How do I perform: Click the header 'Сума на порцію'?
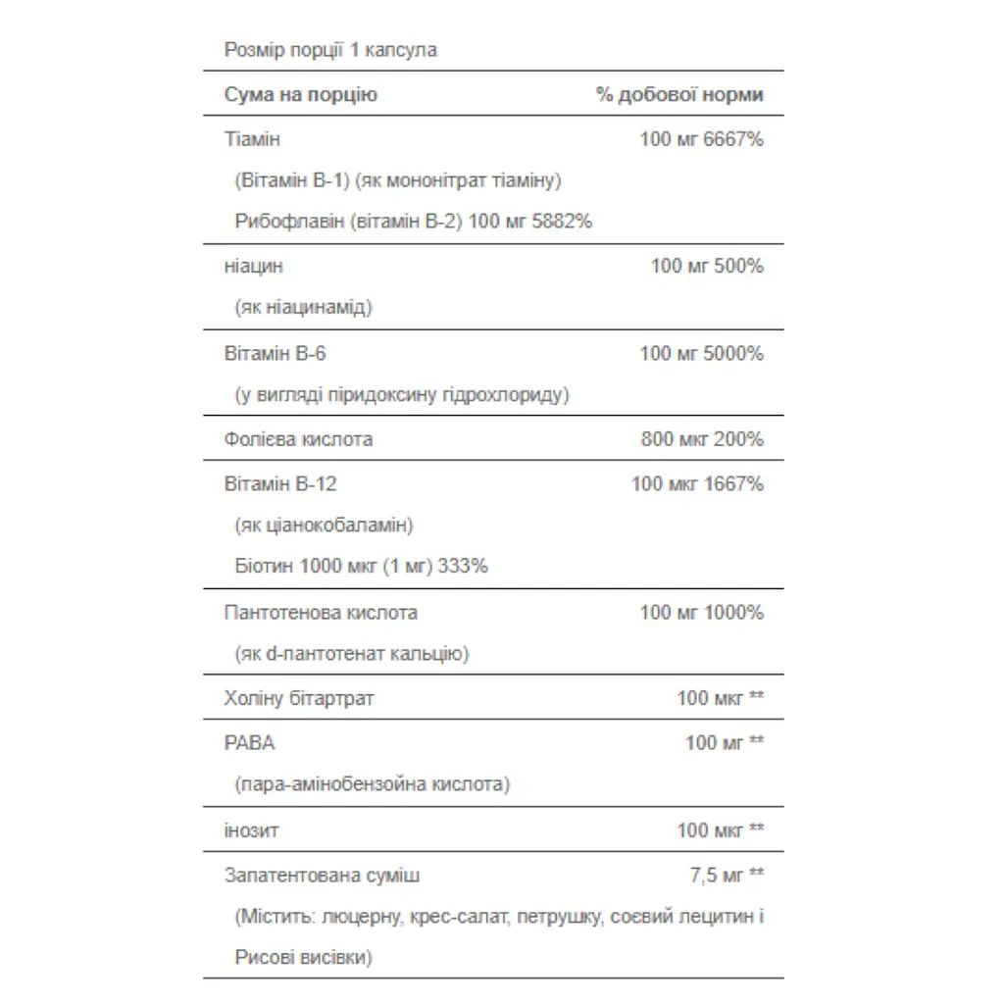(x=300, y=95)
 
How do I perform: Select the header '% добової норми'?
(x=679, y=95)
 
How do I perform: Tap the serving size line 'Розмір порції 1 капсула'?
(x=330, y=50)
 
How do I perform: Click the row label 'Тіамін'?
(x=252, y=139)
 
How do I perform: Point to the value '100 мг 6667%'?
(x=701, y=139)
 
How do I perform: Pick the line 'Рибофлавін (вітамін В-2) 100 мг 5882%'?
(x=414, y=222)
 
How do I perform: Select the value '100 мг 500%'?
(x=707, y=266)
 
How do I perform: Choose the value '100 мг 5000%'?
(x=701, y=353)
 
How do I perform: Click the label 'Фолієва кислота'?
(x=298, y=439)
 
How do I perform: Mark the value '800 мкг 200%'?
(x=702, y=439)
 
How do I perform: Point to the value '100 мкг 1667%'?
(x=697, y=483)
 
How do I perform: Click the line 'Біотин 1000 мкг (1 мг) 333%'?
(x=362, y=566)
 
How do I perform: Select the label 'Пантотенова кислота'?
(x=321, y=613)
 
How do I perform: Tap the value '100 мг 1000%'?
(x=701, y=613)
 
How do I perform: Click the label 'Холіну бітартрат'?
(x=299, y=699)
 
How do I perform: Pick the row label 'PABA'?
(x=249, y=743)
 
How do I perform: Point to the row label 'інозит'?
(x=252, y=830)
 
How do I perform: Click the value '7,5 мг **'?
(x=727, y=876)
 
